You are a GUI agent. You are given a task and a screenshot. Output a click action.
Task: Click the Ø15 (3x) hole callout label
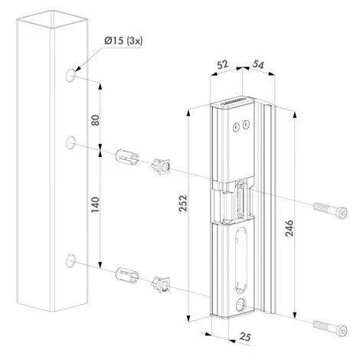pos(123,41)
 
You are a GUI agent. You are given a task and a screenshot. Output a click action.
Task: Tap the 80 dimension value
pos(95,120)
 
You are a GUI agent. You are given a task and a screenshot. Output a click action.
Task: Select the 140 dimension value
pos(95,205)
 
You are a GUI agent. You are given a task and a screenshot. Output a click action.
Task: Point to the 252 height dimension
pos(183,204)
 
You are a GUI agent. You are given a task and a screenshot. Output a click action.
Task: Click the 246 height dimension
pos(290,228)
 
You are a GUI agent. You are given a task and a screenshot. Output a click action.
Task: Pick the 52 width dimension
pos(223,64)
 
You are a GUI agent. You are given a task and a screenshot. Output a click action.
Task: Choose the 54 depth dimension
pos(258,65)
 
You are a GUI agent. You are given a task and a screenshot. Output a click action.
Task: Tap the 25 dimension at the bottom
pos(245,337)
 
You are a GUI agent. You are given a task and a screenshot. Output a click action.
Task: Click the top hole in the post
pos(70,75)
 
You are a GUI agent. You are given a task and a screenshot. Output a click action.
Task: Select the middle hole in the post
pos(70,142)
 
